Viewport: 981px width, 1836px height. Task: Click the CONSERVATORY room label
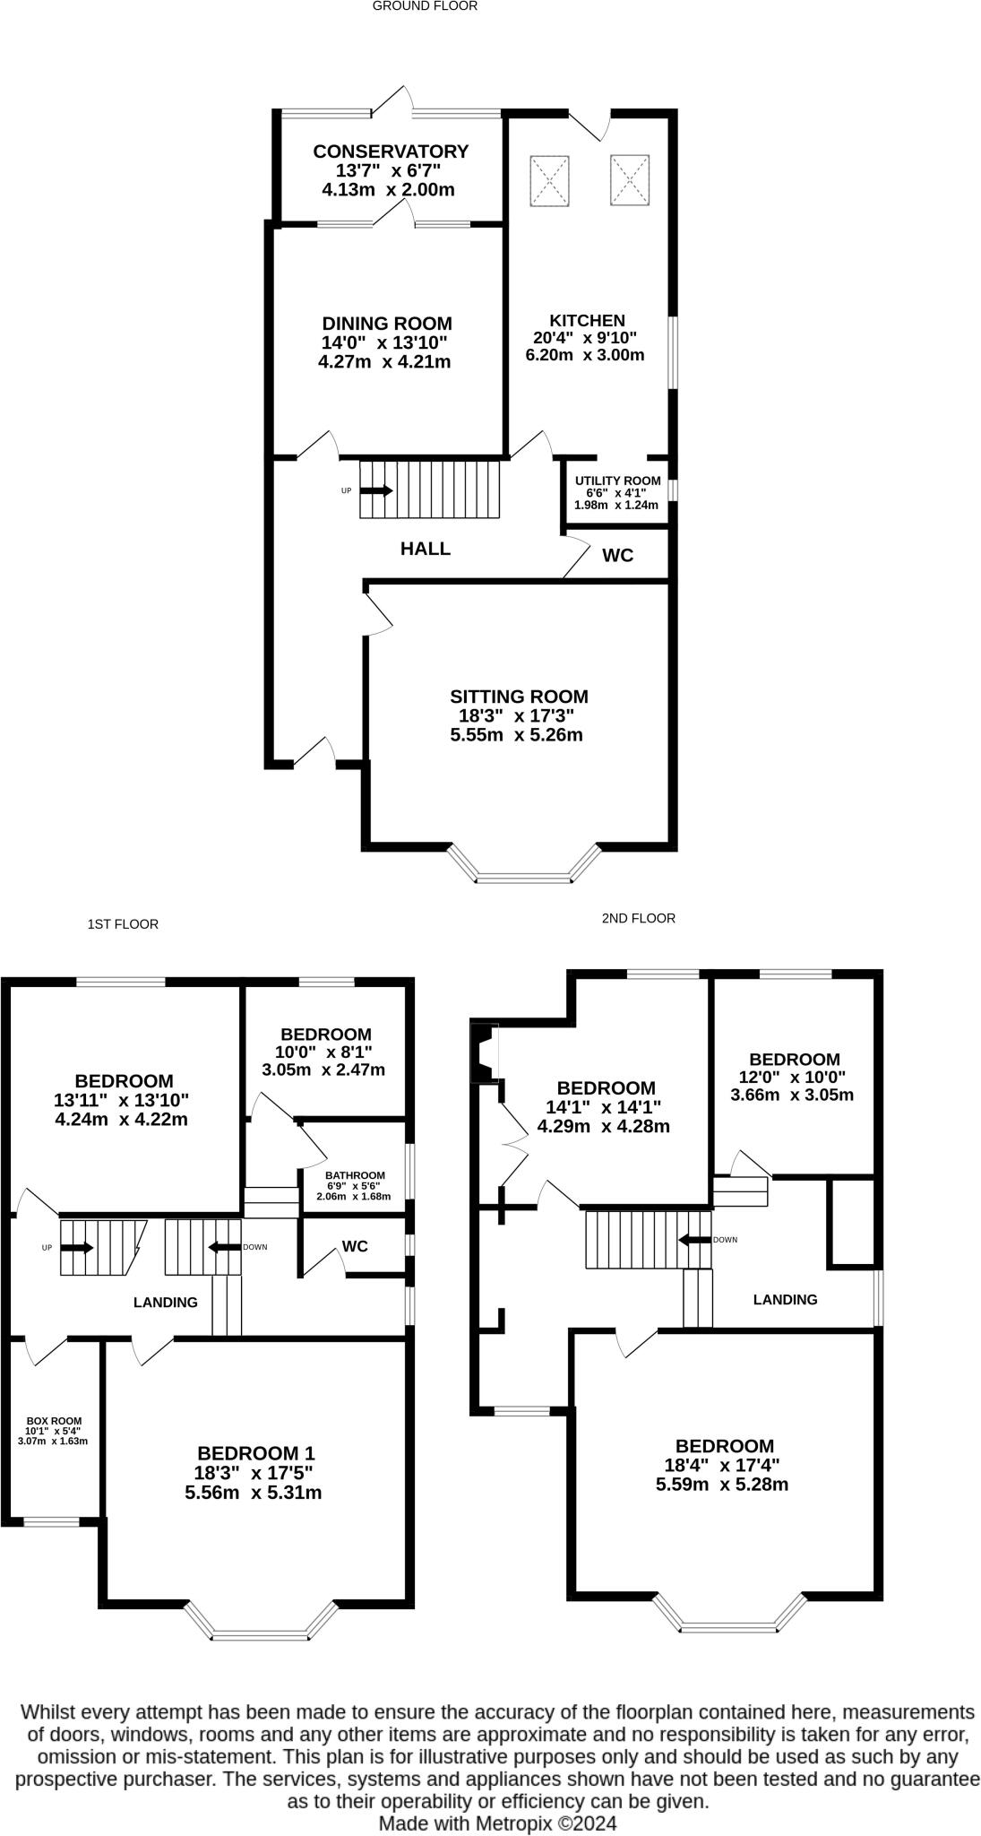(390, 152)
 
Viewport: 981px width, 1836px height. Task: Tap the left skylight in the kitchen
(549, 180)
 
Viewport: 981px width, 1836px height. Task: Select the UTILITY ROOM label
(617, 481)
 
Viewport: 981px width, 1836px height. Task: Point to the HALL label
(425, 549)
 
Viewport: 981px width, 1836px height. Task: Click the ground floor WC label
(617, 556)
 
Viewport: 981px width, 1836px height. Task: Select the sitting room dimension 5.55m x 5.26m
(516, 735)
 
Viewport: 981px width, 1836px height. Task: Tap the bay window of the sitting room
(524, 877)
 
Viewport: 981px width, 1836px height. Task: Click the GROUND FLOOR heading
(425, 6)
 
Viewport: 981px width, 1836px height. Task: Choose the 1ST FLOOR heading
(123, 924)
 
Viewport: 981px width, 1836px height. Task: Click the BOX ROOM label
(54, 1420)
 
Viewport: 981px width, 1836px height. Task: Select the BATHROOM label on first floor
(355, 1175)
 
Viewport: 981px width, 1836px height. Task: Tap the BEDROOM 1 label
(256, 1453)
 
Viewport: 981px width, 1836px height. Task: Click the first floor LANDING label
(166, 1303)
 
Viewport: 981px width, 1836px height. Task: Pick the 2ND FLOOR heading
(638, 918)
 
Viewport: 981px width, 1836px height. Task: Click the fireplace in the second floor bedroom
(485, 1052)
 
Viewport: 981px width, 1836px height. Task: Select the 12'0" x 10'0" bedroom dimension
(792, 1077)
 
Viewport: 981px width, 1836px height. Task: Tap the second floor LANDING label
(785, 1299)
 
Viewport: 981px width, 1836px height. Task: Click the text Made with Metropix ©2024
(497, 1823)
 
